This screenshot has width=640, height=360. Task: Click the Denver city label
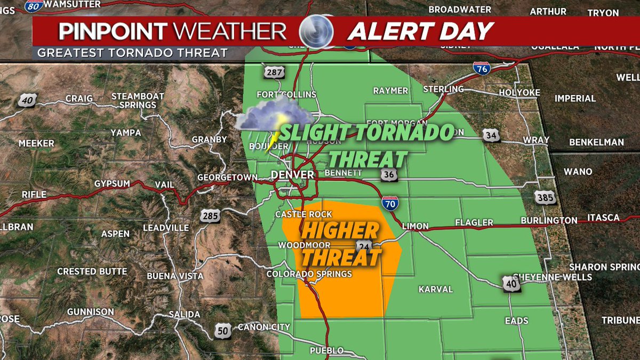(293, 175)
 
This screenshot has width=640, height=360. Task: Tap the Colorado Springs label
(309, 274)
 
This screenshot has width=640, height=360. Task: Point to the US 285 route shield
(209, 216)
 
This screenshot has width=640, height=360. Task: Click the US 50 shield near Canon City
(223, 331)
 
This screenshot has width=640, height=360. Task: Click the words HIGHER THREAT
(340, 244)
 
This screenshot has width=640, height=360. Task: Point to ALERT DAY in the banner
(420, 31)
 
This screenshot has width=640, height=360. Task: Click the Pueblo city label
(326, 350)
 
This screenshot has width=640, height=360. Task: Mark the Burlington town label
(550, 220)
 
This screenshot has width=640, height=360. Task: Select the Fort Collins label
(286, 94)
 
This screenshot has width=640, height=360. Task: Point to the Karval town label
(436, 289)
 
